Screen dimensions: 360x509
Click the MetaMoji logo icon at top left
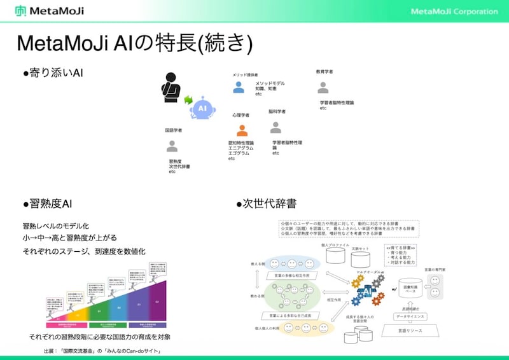click(21, 11)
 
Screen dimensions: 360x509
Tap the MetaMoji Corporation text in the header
click(454, 11)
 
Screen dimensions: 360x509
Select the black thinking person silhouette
click(170, 88)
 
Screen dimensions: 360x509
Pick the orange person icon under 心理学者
click(242, 130)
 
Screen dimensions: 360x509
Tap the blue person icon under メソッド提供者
click(239, 87)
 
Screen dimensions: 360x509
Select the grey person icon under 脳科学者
click(275, 127)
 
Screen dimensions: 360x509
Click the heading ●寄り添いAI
click(53, 74)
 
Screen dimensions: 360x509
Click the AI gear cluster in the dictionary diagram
click(368, 289)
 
